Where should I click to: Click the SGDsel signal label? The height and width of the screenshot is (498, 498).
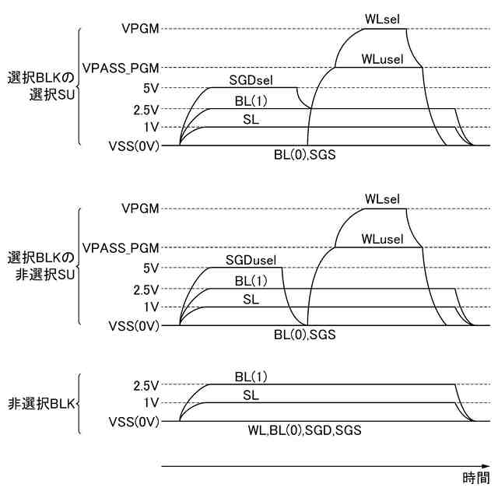251,79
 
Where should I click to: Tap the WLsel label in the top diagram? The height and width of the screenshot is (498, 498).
383,17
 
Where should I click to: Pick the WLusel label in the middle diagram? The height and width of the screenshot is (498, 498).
383,239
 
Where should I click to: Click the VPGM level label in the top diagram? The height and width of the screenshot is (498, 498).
141,29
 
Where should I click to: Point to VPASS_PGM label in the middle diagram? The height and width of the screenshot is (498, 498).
121,247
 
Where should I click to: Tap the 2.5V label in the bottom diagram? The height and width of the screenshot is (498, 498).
146,385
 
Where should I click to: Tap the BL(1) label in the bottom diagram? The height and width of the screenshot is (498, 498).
251,377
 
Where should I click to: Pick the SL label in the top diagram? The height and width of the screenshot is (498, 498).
251,119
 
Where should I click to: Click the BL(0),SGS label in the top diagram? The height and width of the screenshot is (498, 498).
304,155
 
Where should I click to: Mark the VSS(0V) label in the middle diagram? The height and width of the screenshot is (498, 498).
135,325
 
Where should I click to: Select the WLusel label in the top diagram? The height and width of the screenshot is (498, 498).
383,59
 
